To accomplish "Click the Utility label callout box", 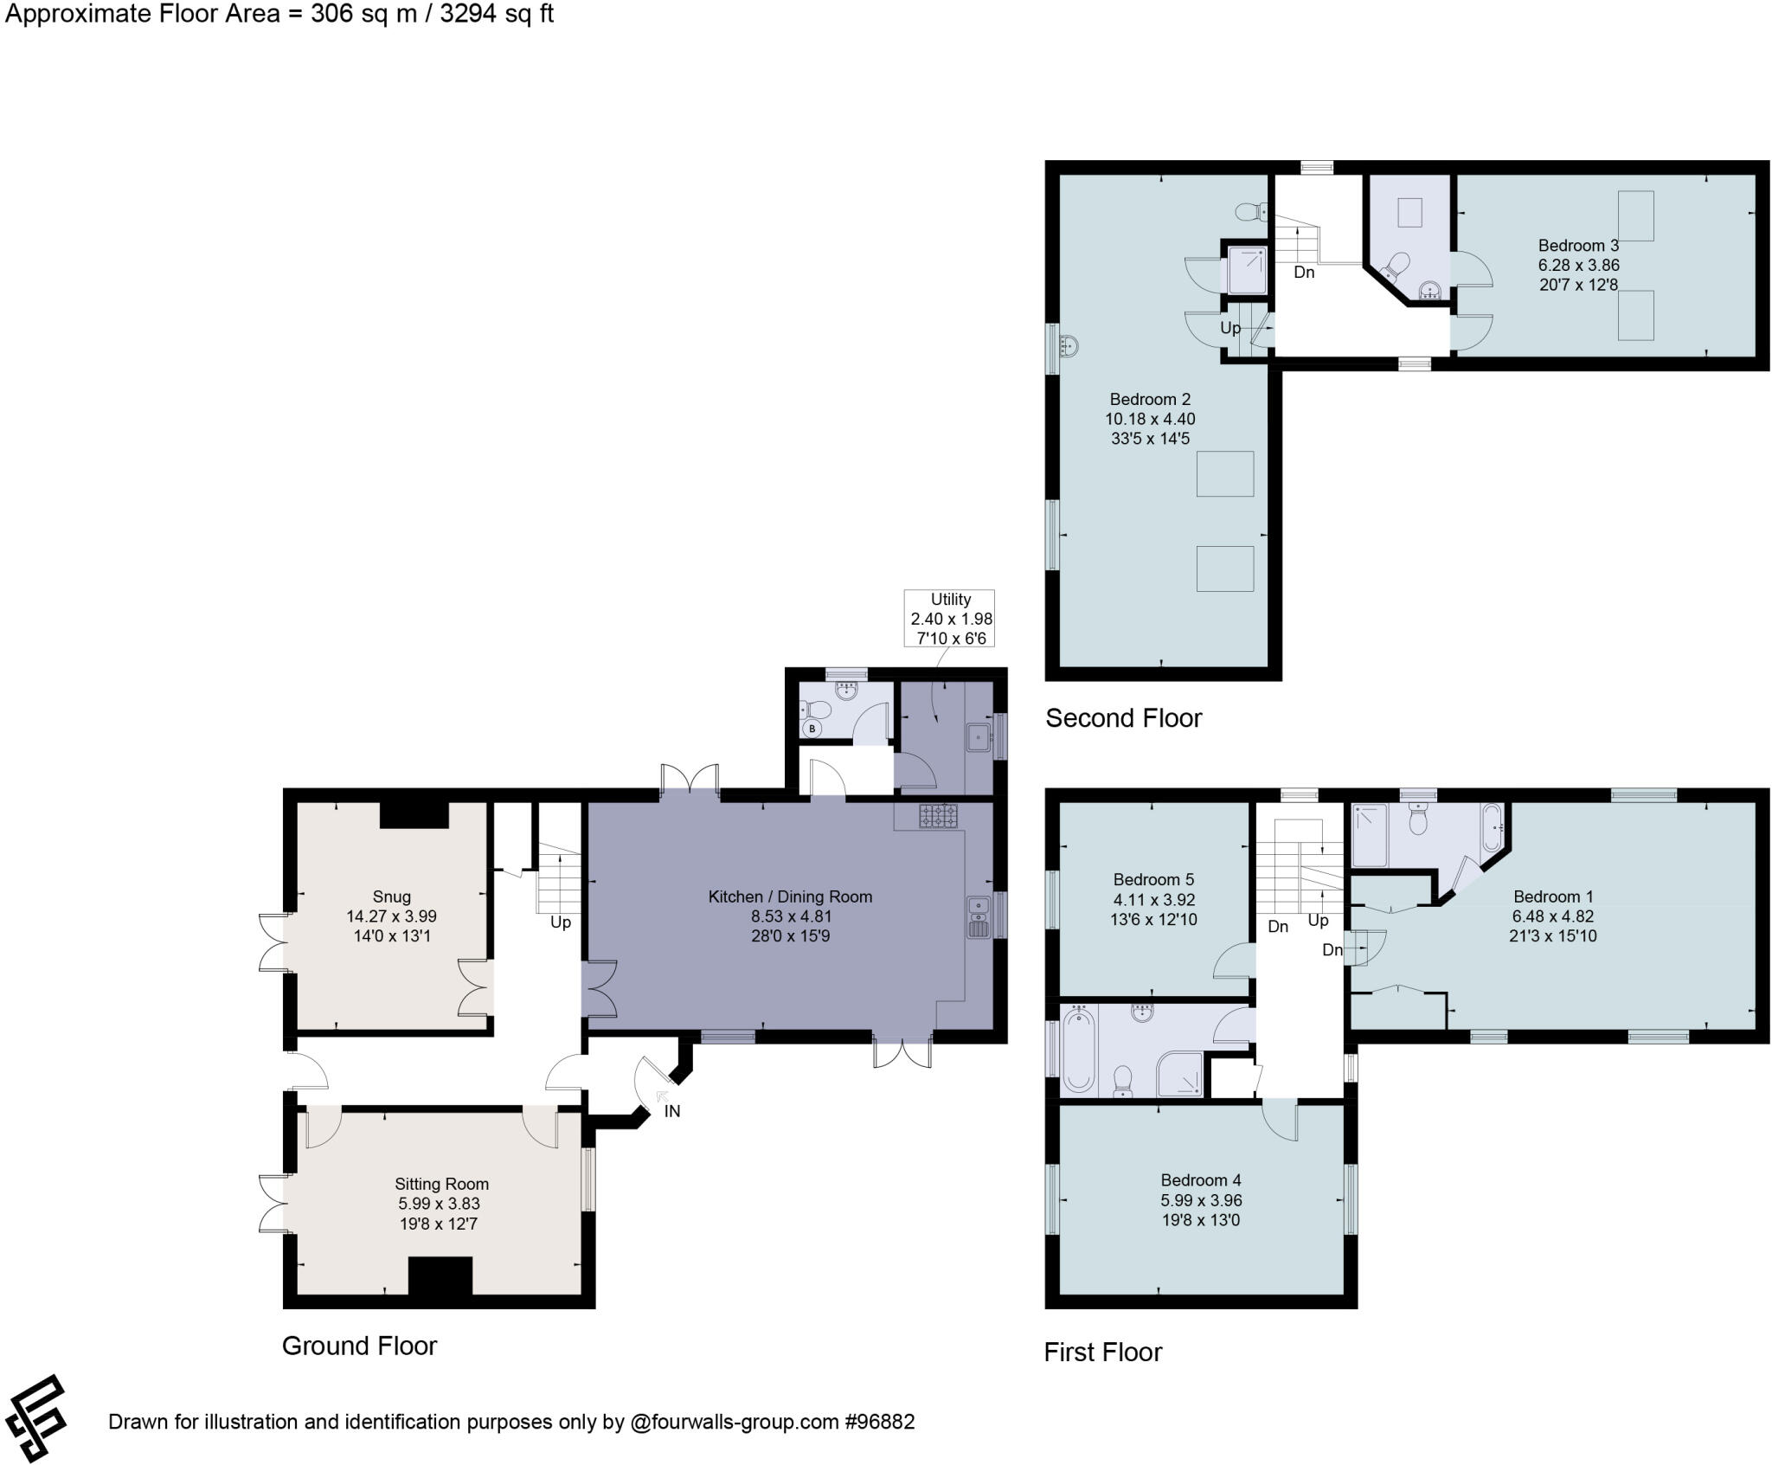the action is coord(949,619).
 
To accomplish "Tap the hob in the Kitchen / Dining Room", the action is coord(939,815).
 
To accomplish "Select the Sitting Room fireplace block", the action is coord(440,1275).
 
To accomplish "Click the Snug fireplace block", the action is coord(414,815).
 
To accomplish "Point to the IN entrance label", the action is coord(672,1111).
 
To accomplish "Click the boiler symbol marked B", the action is coord(812,729).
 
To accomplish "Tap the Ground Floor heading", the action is coord(360,1346).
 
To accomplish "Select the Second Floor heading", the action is coord(1124,718).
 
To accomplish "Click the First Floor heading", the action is coord(1103,1352).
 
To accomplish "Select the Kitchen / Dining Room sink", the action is coord(979,918).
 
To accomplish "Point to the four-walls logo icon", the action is coord(36,1418).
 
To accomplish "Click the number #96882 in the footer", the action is coord(879,1422).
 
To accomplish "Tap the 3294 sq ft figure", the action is coord(497,15).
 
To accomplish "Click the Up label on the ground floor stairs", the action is coord(561,922).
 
